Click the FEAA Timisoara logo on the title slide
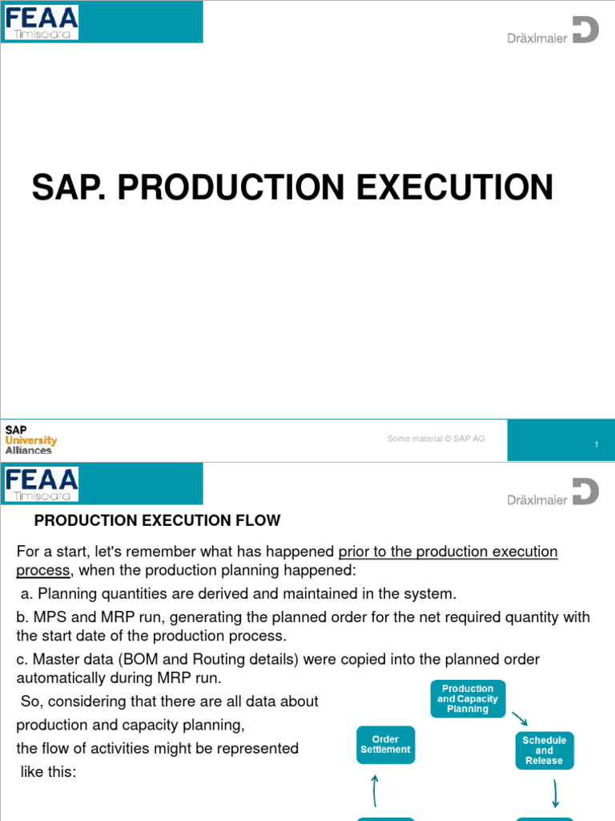[x=42, y=22]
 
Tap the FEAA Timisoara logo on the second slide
[x=42, y=483]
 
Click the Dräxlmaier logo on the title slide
[x=553, y=32]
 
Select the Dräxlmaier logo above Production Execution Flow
[x=553, y=493]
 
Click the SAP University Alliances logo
[x=30, y=440]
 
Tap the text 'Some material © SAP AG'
[x=436, y=439]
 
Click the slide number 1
[x=597, y=444]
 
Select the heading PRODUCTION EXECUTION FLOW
[x=157, y=521]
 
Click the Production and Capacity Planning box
[x=468, y=698]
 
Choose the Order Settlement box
[x=385, y=745]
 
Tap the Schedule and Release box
[x=545, y=750]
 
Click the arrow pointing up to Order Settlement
[x=374, y=791]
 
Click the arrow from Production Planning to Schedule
[x=520, y=718]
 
